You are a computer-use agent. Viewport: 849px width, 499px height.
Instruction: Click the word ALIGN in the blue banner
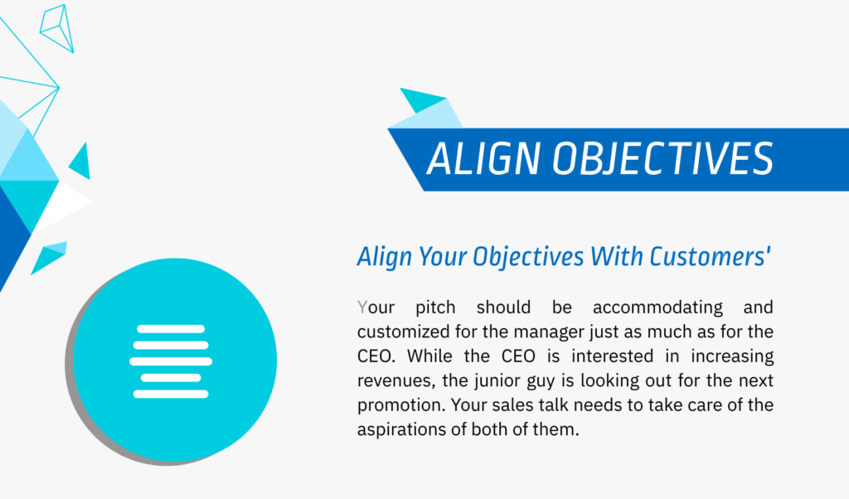pyautogui.click(x=483, y=158)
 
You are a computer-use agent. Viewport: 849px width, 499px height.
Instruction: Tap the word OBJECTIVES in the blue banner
pyautogui.click(x=663, y=158)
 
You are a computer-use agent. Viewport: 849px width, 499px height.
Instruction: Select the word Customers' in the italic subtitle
pyautogui.click(x=710, y=256)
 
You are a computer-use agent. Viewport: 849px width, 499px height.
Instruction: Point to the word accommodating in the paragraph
pyautogui.click(x=657, y=308)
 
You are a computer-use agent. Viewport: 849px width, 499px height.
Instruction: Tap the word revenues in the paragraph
pyautogui.click(x=397, y=381)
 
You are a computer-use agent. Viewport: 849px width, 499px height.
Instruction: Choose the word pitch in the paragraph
pyautogui.click(x=435, y=308)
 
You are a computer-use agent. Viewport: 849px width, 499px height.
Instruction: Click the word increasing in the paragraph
pyautogui.click(x=732, y=356)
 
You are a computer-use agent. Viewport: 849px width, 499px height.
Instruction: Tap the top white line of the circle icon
pyautogui.click(x=171, y=329)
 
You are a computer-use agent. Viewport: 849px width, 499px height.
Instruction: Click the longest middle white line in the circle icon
pyautogui.click(x=171, y=361)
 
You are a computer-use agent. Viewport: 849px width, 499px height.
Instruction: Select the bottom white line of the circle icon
pyautogui.click(x=171, y=394)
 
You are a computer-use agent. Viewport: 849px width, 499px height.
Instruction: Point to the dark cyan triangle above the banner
pyautogui.click(x=422, y=100)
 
